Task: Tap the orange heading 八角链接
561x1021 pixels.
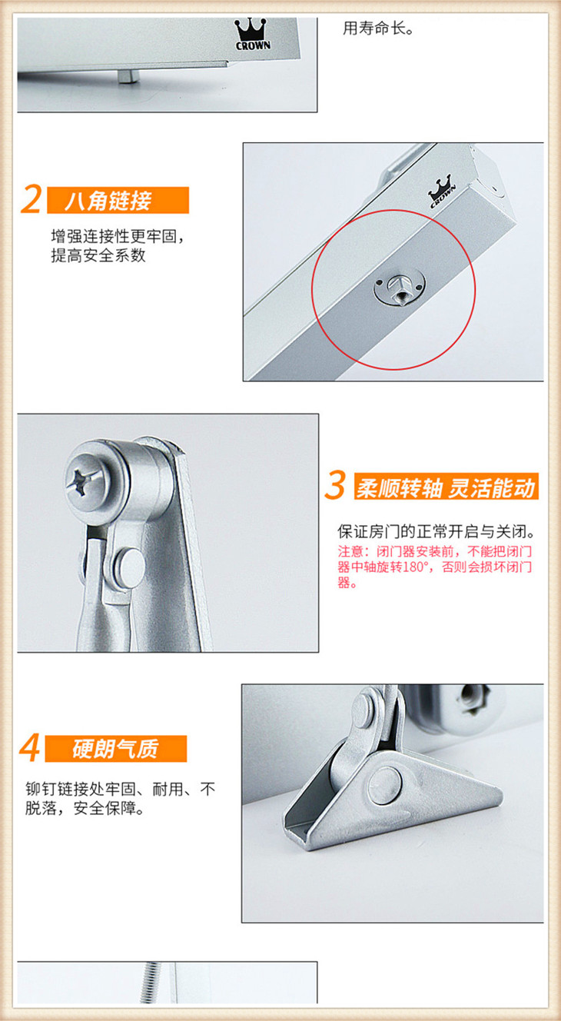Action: [x=108, y=201]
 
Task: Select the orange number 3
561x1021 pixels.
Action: [x=335, y=486]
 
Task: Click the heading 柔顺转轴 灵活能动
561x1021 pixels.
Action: [x=445, y=487]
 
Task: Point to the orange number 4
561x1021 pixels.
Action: [x=29, y=748]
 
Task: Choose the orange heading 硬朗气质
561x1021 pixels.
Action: [x=115, y=748]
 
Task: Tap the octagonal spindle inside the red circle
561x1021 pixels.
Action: [x=400, y=288]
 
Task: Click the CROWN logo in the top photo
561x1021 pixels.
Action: [x=253, y=34]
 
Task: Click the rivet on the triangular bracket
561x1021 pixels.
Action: [x=386, y=785]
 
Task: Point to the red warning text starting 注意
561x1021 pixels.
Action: [x=435, y=567]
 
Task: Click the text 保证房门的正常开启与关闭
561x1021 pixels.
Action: [x=437, y=531]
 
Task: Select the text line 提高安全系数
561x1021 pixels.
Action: [x=98, y=256]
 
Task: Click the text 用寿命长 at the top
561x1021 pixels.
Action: [x=378, y=28]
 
